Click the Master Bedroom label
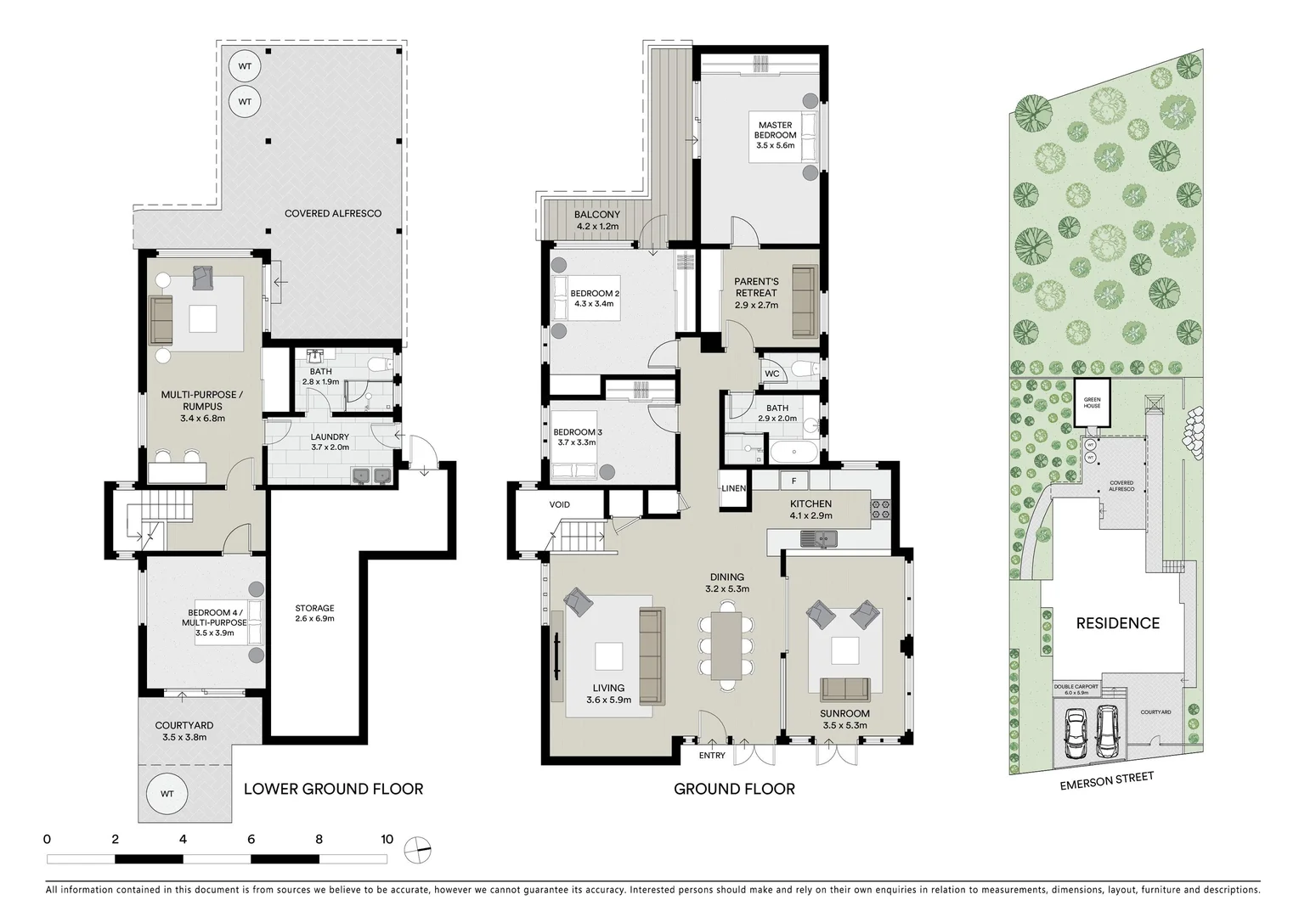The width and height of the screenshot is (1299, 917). (x=776, y=130)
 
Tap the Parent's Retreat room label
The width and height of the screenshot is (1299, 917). (x=756, y=287)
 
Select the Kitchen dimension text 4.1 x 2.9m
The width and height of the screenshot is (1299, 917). (x=810, y=515)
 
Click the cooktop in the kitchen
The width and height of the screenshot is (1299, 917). (x=880, y=509)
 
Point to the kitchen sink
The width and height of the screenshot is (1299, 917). (x=821, y=537)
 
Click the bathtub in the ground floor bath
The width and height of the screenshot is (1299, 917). (x=794, y=450)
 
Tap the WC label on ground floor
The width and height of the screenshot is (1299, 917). (x=771, y=374)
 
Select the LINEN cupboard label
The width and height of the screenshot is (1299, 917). (x=733, y=488)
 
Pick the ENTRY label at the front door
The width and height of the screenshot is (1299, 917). (x=712, y=756)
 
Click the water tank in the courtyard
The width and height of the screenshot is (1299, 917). (x=167, y=794)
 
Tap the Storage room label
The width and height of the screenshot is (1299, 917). (x=314, y=608)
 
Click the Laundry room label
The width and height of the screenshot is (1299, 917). (x=330, y=437)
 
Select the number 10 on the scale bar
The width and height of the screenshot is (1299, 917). (x=387, y=839)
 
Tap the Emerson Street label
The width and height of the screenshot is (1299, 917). (x=1106, y=781)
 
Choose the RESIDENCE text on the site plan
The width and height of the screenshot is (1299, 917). (x=1117, y=623)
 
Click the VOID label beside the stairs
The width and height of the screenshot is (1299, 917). (x=559, y=504)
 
